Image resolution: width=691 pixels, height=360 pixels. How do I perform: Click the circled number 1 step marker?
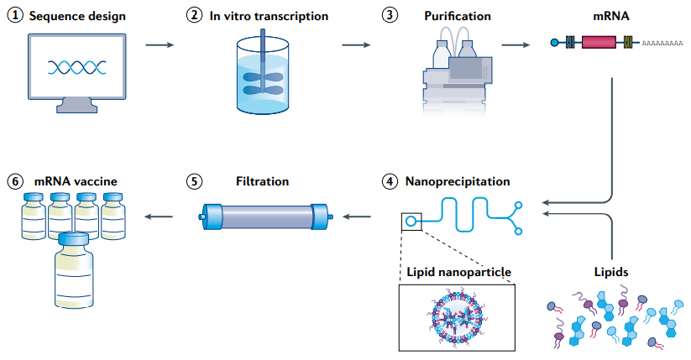click(15, 15)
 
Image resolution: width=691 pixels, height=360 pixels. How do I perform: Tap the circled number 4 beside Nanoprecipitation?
click(390, 181)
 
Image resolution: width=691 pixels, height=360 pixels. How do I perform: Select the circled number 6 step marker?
click(15, 181)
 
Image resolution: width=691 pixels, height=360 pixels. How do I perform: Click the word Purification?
click(458, 16)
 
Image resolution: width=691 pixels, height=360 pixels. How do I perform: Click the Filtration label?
click(262, 181)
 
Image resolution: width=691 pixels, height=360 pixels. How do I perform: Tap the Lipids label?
click(611, 272)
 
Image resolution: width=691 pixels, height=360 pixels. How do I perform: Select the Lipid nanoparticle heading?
click(458, 272)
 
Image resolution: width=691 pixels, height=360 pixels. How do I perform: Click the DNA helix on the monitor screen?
click(77, 67)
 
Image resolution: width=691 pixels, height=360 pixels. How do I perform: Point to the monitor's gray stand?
click(76, 106)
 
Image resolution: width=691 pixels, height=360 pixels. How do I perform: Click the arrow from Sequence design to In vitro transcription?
click(160, 44)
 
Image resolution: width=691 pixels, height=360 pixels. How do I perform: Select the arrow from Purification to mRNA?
click(516, 44)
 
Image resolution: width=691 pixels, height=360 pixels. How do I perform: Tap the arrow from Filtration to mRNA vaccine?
click(159, 217)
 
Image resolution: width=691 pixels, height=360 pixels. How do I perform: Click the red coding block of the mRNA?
click(599, 42)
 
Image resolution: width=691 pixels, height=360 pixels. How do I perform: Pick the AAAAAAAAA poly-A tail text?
click(662, 43)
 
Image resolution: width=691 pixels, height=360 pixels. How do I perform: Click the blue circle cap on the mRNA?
click(555, 42)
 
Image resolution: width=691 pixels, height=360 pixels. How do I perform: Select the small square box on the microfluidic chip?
click(411, 222)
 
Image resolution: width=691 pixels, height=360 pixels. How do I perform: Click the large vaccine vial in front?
click(74, 270)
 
